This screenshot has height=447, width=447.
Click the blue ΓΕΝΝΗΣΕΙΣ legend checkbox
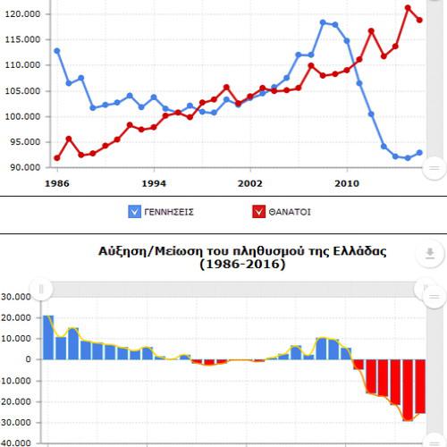(x=134, y=212)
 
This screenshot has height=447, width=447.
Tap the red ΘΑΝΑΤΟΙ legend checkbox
(x=258, y=212)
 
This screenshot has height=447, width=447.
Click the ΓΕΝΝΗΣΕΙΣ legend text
(x=169, y=212)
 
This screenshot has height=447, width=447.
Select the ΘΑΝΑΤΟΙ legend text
(x=290, y=212)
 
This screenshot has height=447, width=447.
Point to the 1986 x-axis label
(x=57, y=183)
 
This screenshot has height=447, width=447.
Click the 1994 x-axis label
(x=154, y=183)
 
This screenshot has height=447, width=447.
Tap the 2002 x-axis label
(x=250, y=183)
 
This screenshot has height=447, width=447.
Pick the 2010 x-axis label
(x=347, y=183)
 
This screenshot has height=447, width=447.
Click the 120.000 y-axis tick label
(x=23, y=14)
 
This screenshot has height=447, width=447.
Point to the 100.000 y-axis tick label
(x=23, y=116)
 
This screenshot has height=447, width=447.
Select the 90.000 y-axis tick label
(x=25, y=167)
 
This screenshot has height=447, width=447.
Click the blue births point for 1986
(x=57, y=51)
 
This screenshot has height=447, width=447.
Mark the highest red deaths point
(x=408, y=8)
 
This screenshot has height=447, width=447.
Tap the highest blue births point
(x=323, y=22)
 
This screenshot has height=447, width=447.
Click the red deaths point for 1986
(x=57, y=158)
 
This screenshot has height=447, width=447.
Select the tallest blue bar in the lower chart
(x=48, y=337)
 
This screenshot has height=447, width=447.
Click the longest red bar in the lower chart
(x=408, y=390)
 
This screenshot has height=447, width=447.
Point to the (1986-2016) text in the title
(x=242, y=264)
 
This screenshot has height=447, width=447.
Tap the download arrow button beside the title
(x=430, y=253)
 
